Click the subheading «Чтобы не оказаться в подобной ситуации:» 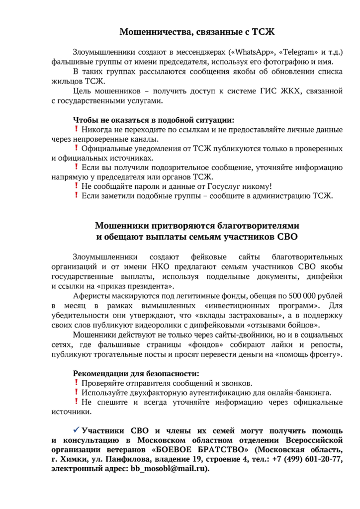[153, 120]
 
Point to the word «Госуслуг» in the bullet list [225, 186]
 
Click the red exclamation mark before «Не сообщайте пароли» [76, 186]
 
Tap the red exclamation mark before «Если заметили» [76, 195]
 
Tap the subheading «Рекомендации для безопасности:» [136, 373]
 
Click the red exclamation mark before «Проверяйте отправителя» [76, 383]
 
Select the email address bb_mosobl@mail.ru [169, 468]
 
